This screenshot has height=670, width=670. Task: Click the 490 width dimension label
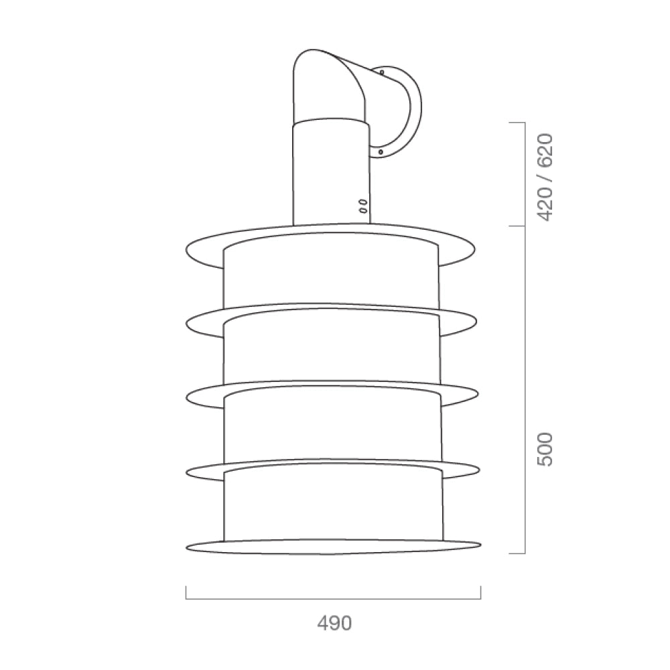(x=334, y=623)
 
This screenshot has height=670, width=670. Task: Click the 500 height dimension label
(x=545, y=450)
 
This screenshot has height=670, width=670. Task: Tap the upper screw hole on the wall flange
(x=382, y=72)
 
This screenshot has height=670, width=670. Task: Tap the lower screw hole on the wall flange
(x=381, y=151)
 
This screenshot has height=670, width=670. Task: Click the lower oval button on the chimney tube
(x=362, y=210)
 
